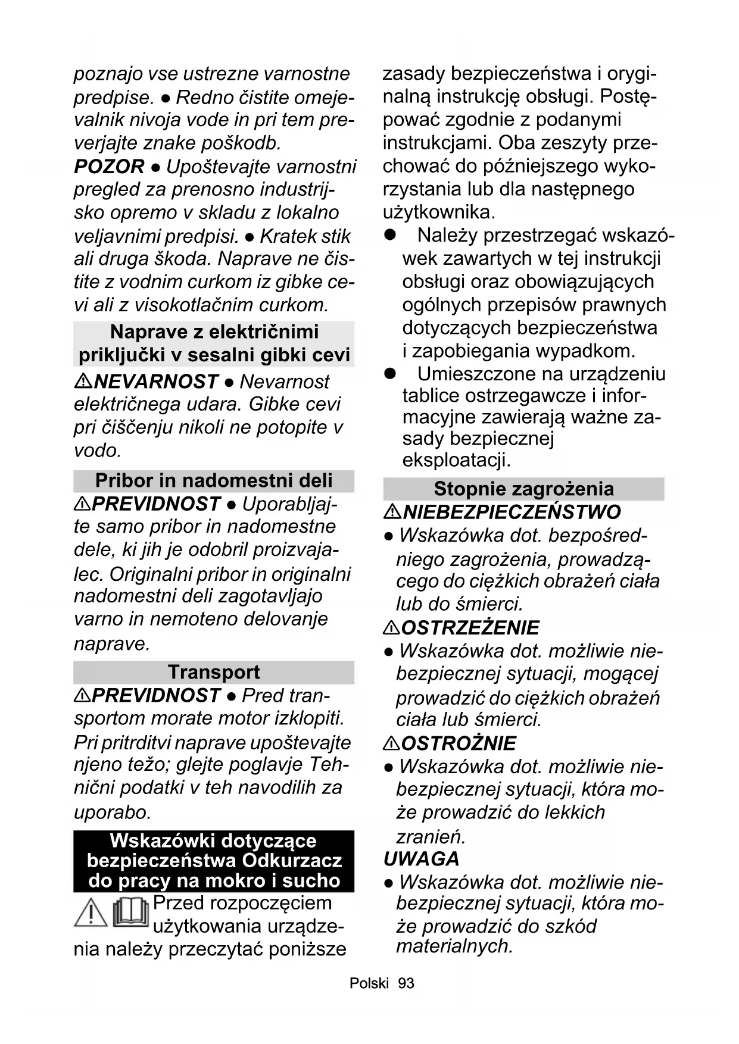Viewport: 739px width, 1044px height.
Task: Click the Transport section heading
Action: coord(214,672)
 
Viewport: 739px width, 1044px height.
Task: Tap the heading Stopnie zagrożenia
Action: coord(523,489)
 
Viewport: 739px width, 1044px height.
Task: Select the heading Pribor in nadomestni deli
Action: coord(214,480)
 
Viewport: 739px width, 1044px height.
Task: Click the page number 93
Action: coord(406,983)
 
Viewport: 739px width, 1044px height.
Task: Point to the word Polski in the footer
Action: coord(369,983)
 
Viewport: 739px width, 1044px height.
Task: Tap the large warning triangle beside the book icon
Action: coord(91,912)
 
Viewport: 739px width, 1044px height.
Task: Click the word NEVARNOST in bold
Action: coord(156,381)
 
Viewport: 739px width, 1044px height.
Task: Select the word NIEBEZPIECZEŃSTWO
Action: coord(512,512)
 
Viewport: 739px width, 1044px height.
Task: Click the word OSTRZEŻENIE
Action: coord(470,627)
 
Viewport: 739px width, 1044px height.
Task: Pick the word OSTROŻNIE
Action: coord(459,743)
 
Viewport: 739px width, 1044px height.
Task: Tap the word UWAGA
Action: coord(422,859)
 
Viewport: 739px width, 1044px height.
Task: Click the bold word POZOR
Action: coord(109,167)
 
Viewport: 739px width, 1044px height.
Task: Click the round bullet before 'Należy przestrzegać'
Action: coord(391,235)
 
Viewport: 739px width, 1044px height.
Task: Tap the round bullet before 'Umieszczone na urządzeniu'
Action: coord(391,374)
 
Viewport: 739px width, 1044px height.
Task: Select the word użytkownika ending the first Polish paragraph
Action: coord(438,212)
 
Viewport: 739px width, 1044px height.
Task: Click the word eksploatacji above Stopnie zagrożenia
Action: coord(456,460)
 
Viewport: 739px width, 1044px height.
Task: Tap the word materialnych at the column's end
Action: coord(454,946)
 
